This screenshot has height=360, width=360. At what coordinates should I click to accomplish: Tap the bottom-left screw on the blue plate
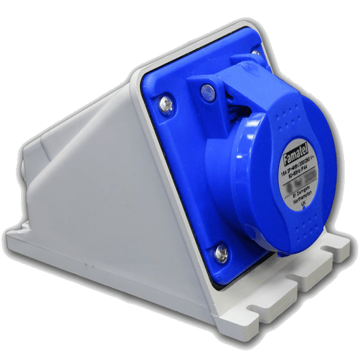[222, 253]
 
